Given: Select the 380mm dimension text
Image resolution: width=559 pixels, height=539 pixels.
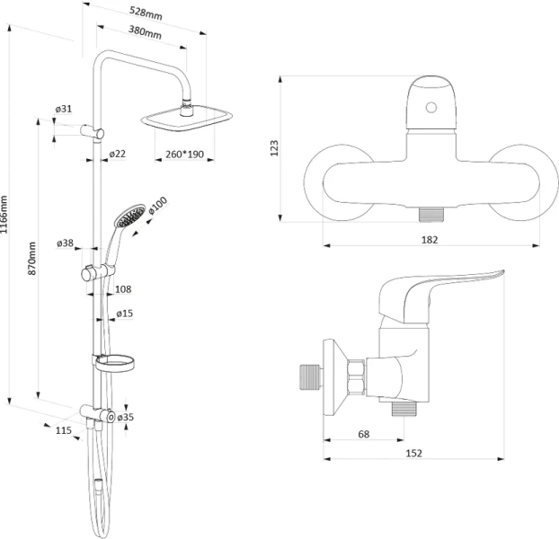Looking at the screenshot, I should pyautogui.click(x=145, y=34).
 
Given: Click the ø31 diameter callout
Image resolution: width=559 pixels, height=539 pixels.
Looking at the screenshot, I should pyautogui.click(x=63, y=109).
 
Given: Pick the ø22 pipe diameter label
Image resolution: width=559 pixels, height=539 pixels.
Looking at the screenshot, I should pyautogui.click(x=117, y=155).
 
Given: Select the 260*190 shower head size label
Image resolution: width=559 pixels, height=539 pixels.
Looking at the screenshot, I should pyautogui.click(x=185, y=155).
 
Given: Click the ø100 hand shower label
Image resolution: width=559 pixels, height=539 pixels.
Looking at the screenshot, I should pyautogui.click(x=157, y=207).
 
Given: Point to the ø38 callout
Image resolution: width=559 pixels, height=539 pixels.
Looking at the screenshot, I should pyautogui.click(x=65, y=243).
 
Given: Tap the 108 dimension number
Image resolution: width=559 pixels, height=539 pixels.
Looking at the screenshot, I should pyautogui.click(x=124, y=289).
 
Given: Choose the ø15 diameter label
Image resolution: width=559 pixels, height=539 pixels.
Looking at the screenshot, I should pyautogui.click(x=126, y=314).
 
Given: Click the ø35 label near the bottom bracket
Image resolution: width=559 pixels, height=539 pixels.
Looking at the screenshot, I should pyautogui.click(x=126, y=417).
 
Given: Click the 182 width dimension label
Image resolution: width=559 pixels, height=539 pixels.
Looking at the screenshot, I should pyautogui.click(x=430, y=240).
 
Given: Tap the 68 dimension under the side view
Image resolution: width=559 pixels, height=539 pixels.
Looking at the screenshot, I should pyautogui.click(x=364, y=435).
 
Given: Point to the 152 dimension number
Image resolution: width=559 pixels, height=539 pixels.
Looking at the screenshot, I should pyautogui.click(x=414, y=455).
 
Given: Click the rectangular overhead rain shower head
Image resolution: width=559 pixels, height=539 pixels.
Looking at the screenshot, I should pyautogui.click(x=188, y=118).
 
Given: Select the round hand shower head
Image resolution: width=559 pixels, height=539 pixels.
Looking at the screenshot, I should pyautogui.click(x=130, y=216).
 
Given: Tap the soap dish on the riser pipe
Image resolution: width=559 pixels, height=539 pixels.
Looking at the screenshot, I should pyautogui.click(x=114, y=363).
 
